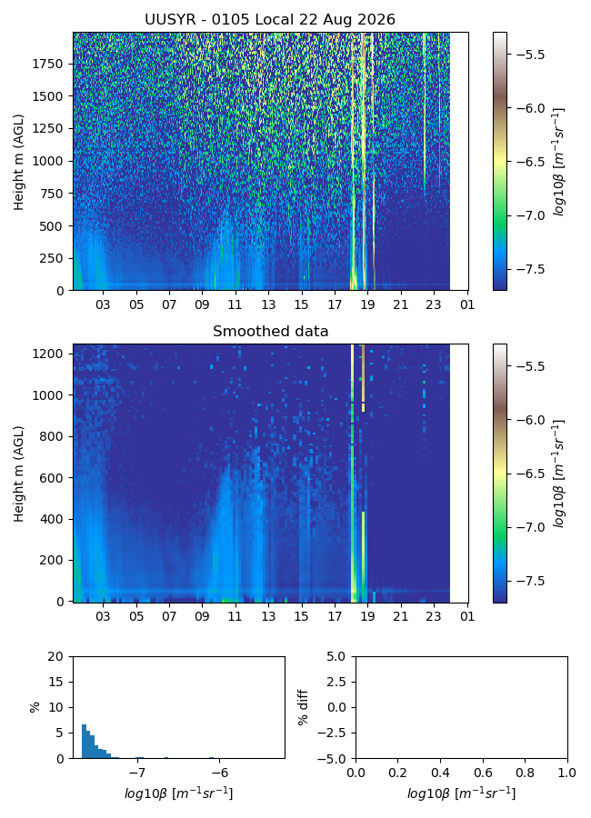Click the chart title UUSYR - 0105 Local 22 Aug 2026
(270, 20)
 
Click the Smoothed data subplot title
(270, 331)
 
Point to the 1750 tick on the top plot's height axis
(47, 64)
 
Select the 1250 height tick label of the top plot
(47, 128)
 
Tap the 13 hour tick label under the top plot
(268, 304)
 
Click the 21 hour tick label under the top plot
(400, 304)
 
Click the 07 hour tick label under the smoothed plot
(169, 616)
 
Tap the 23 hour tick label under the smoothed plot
(434, 616)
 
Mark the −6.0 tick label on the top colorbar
(530, 108)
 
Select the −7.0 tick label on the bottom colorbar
(530, 527)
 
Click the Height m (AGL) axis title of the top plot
(19, 163)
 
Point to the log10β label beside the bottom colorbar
(558, 474)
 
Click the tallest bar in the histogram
(84, 741)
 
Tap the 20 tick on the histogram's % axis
(55, 656)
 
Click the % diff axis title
(303, 707)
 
